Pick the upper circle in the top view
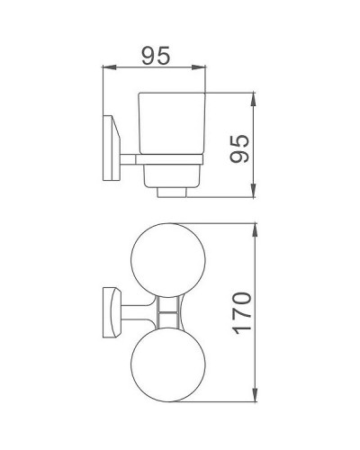[171, 260]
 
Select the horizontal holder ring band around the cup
[171, 161]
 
